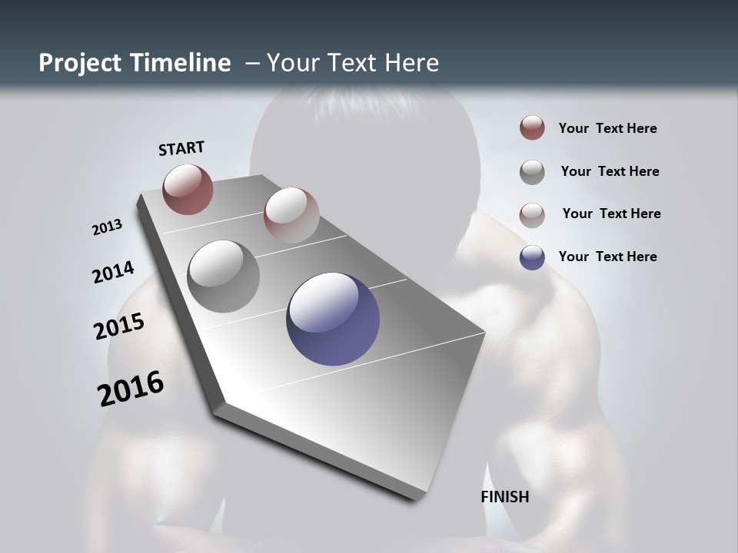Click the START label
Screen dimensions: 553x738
tap(181, 148)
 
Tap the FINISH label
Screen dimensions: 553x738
tap(505, 497)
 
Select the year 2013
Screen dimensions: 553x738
tap(107, 227)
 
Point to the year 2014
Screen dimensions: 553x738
tap(113, 272)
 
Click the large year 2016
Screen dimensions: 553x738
tap(131, 389)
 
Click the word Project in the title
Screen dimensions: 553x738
tap(79, 63)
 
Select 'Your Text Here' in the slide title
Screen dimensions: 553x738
tap(352, 63)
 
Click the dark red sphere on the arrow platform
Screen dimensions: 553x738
tap(188, 189)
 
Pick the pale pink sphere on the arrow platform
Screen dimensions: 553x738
tap(291, 214)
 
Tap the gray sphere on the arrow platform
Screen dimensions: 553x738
tap(223, 276)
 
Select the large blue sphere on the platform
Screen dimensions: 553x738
tap(333, 319)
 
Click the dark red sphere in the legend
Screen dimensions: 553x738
tap(532, 127)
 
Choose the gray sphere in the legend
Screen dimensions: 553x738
tap(532, 172)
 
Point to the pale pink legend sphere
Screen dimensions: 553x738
tap(532, 215)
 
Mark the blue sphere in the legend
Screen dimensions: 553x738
tap(532, 257)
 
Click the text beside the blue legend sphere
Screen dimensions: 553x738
tap(607, 257)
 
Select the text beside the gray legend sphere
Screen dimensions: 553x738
tap(610, 171)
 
